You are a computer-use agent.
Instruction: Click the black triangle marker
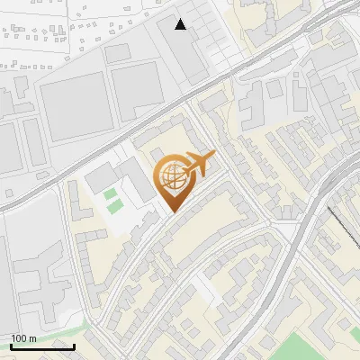[181, 24]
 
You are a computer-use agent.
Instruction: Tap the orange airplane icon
[198, 165]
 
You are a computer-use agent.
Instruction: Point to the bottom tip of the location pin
[173, 212]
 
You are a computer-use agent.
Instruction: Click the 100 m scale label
[23, 338]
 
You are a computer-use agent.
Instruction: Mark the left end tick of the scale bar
[11, 346]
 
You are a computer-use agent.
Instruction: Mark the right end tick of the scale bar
[75, 346]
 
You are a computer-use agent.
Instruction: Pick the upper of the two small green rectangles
[111, 193]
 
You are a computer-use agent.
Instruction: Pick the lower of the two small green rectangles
[114, 205]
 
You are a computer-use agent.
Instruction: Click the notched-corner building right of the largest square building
[136, 89]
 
